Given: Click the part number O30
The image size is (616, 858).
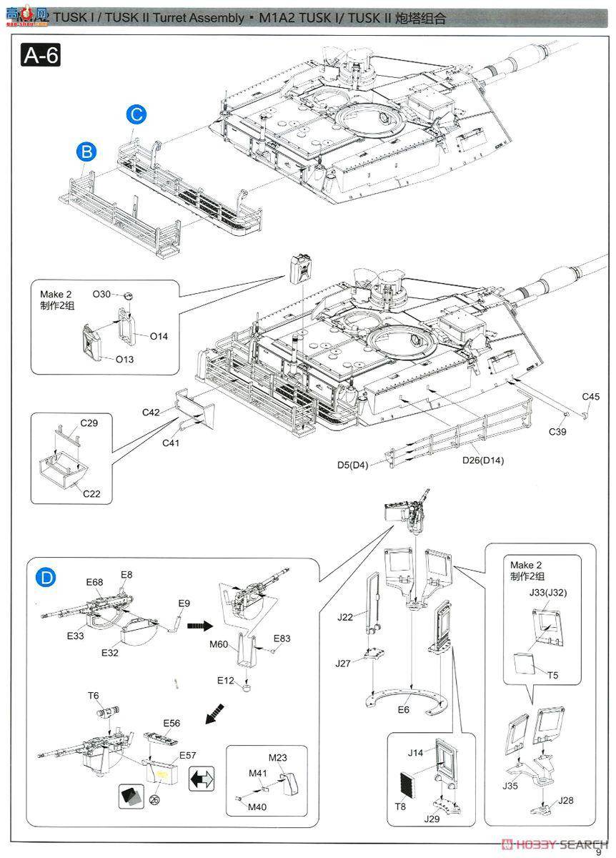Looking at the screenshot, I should (102, 294).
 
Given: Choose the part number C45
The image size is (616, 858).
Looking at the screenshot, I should (590, 397).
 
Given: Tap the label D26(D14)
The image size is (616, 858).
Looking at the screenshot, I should (482, 460).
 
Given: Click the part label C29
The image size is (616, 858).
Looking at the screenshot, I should (89, 423).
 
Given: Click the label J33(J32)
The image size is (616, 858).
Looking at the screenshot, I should (548, 592).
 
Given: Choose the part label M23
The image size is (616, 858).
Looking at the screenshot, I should (278, 757).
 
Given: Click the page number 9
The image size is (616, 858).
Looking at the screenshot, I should (599, 850).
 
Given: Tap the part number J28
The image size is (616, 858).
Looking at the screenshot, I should (567, 800).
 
